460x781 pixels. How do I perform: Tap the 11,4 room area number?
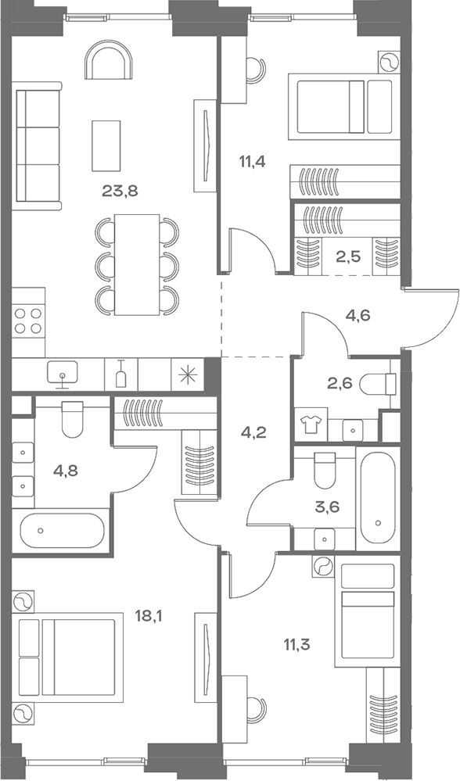[250, 163]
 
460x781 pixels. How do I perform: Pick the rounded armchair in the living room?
[109, 61]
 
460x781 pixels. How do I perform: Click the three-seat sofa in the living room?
[38, 149]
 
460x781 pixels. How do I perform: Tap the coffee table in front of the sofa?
[106, 145]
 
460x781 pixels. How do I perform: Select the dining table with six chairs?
[137, 263]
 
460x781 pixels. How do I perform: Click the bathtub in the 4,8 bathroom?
[61, 531]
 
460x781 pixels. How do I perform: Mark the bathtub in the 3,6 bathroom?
[377, 499]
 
